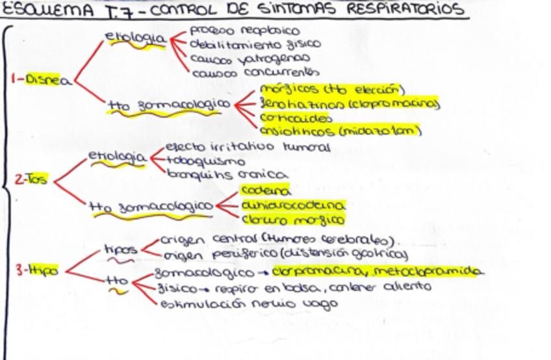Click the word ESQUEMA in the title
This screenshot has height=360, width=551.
(x=41, y=10)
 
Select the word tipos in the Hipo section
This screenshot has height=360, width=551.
(x=120, y=249)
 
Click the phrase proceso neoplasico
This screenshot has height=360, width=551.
(x=244, y=31)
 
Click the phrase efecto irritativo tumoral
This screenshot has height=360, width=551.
(x=248, y=148)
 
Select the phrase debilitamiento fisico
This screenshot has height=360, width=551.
(x=254, y=44)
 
